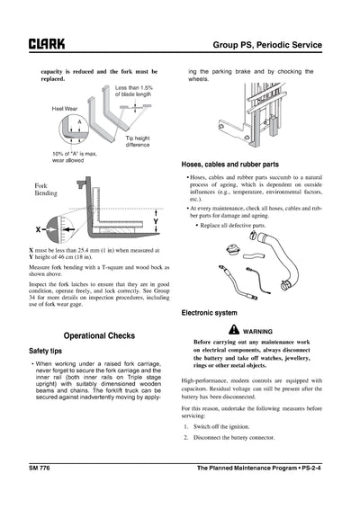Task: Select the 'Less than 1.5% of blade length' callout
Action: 133,91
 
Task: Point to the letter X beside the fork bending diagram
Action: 38,228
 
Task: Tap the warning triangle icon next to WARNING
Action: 232,330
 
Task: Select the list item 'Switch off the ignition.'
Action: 233,424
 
